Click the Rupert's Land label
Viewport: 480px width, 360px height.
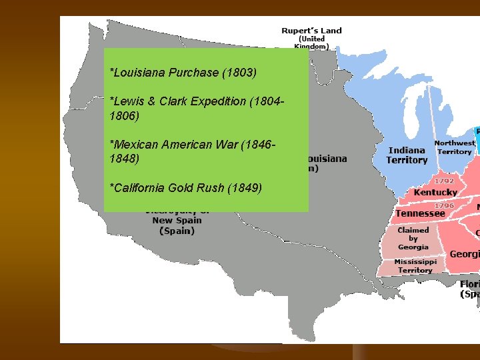pyautogui.click(x=311, y=31)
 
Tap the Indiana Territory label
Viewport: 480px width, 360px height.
pyautogui.click(x=407, y=155)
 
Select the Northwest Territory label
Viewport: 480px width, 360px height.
pyautogui.click(x=455, y=147)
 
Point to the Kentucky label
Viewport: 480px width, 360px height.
pyautogui.click(x=435, y=193)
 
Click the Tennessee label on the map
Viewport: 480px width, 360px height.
pyautogui.click(x=420, y=214)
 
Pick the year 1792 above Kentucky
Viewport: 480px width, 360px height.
pyautogui.click(x=444, y=181)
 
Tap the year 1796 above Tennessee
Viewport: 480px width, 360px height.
pyautogui.click(x=444, y=205)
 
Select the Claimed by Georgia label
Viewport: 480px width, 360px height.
pyautogui.click(x=413, y=238)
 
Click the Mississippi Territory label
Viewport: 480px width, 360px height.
pyautogui.click(x=415, y=266)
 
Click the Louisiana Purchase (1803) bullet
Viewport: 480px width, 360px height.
pyautogui.click(x=183, y=72)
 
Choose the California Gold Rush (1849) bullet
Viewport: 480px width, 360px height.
pyautogui.click(x=186, y=187)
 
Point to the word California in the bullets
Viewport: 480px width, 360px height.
pyautogui.click(x=139, y=187)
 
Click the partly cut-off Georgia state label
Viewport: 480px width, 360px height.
pyautogui.click(x=464, y=254)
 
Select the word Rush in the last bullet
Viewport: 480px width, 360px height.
pyautogui.click(x=213, y=187)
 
